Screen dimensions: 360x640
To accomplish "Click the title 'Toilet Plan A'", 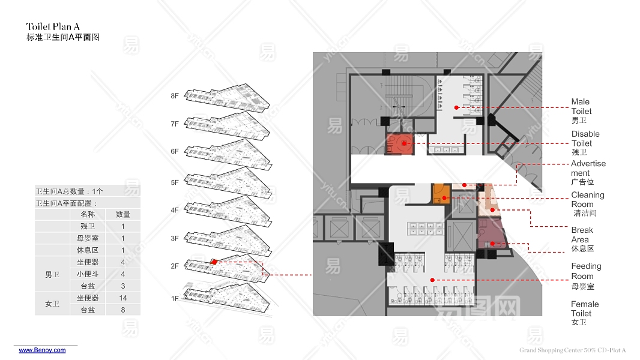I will point(53,26).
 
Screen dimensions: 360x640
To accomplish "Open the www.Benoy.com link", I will point(42,350).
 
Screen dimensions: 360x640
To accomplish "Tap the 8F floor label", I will point(175,96).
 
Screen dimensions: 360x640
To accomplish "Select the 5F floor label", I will point(175,182).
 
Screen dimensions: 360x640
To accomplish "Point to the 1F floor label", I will point(175,298).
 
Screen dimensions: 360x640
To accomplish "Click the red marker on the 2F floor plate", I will point(214,262).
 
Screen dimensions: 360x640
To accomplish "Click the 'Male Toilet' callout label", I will point(581,107).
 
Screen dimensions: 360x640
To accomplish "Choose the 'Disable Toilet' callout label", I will point(585,139).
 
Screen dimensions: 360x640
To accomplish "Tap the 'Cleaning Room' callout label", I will point(587,199).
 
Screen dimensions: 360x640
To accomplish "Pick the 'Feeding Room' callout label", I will point(586,271).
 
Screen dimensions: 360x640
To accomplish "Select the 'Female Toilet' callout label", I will point(585,309).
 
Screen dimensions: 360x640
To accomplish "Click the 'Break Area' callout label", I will point(582,235).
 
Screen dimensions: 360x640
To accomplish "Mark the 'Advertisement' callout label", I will point(588,168).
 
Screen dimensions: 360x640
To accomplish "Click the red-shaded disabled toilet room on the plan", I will point(399,144).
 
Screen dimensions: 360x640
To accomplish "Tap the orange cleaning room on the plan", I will point(441,194).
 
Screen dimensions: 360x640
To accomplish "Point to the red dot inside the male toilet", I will point(456,107).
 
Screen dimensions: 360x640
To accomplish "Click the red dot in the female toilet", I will point(432,280).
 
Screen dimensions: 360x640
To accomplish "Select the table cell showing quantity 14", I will point(123,298).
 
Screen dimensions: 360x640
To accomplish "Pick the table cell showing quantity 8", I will point(123,310).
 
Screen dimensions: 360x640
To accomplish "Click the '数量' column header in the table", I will point(123,214).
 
